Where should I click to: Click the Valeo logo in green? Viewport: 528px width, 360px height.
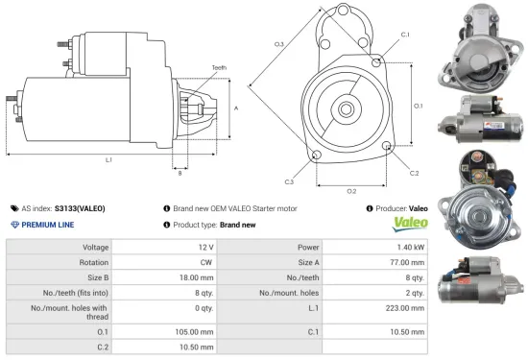(407, 224)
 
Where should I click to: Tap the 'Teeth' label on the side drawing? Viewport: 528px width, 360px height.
(219, 67)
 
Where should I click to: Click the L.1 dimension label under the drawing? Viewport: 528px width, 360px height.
(108, 159)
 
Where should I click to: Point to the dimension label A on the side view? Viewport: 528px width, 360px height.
(236, 108)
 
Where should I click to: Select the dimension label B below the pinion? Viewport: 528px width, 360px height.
(179, 173)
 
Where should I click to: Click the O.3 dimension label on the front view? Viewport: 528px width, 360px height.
(279, 44)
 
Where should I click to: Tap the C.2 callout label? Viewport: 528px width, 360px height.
(414, 173)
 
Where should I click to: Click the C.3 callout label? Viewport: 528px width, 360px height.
(289, 180)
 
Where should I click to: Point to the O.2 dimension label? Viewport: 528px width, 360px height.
(351, 191)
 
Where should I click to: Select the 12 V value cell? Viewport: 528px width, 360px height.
(205, 248)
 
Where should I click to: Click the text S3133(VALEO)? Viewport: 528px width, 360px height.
(80, 207)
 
